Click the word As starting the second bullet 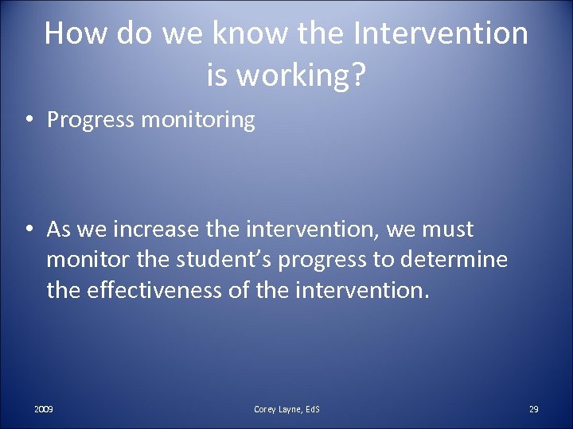coord(60,230)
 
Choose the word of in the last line coord(239,290)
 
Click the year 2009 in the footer coord(44,409)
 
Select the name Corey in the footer coord(266,409)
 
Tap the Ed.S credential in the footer coord(310,409)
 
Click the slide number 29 coord(534,409)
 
